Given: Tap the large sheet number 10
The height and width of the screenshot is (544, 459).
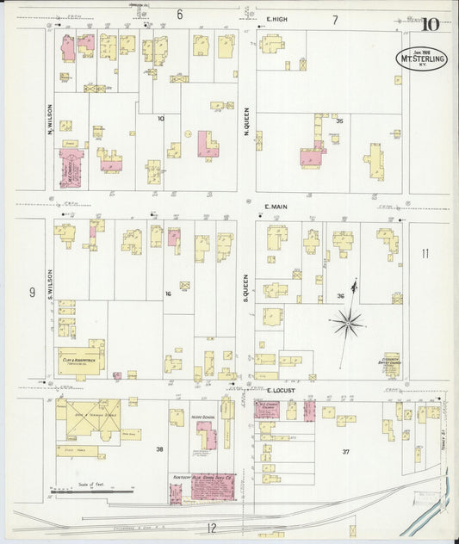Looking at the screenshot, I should click(x=429, y=24).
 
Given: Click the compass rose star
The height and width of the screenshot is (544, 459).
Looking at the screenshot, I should click(x=348, y=323).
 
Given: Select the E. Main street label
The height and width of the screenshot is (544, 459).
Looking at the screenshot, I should click(x=275, y=207).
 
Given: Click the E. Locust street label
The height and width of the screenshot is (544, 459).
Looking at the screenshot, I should click(x=279, y=391).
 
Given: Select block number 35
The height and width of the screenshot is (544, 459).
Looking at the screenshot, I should click(x=339, y=121).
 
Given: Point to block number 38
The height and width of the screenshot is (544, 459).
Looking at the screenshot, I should click(x=158, y=449).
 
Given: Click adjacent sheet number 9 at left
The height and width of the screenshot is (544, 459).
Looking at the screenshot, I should click(x=31, y=293).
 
